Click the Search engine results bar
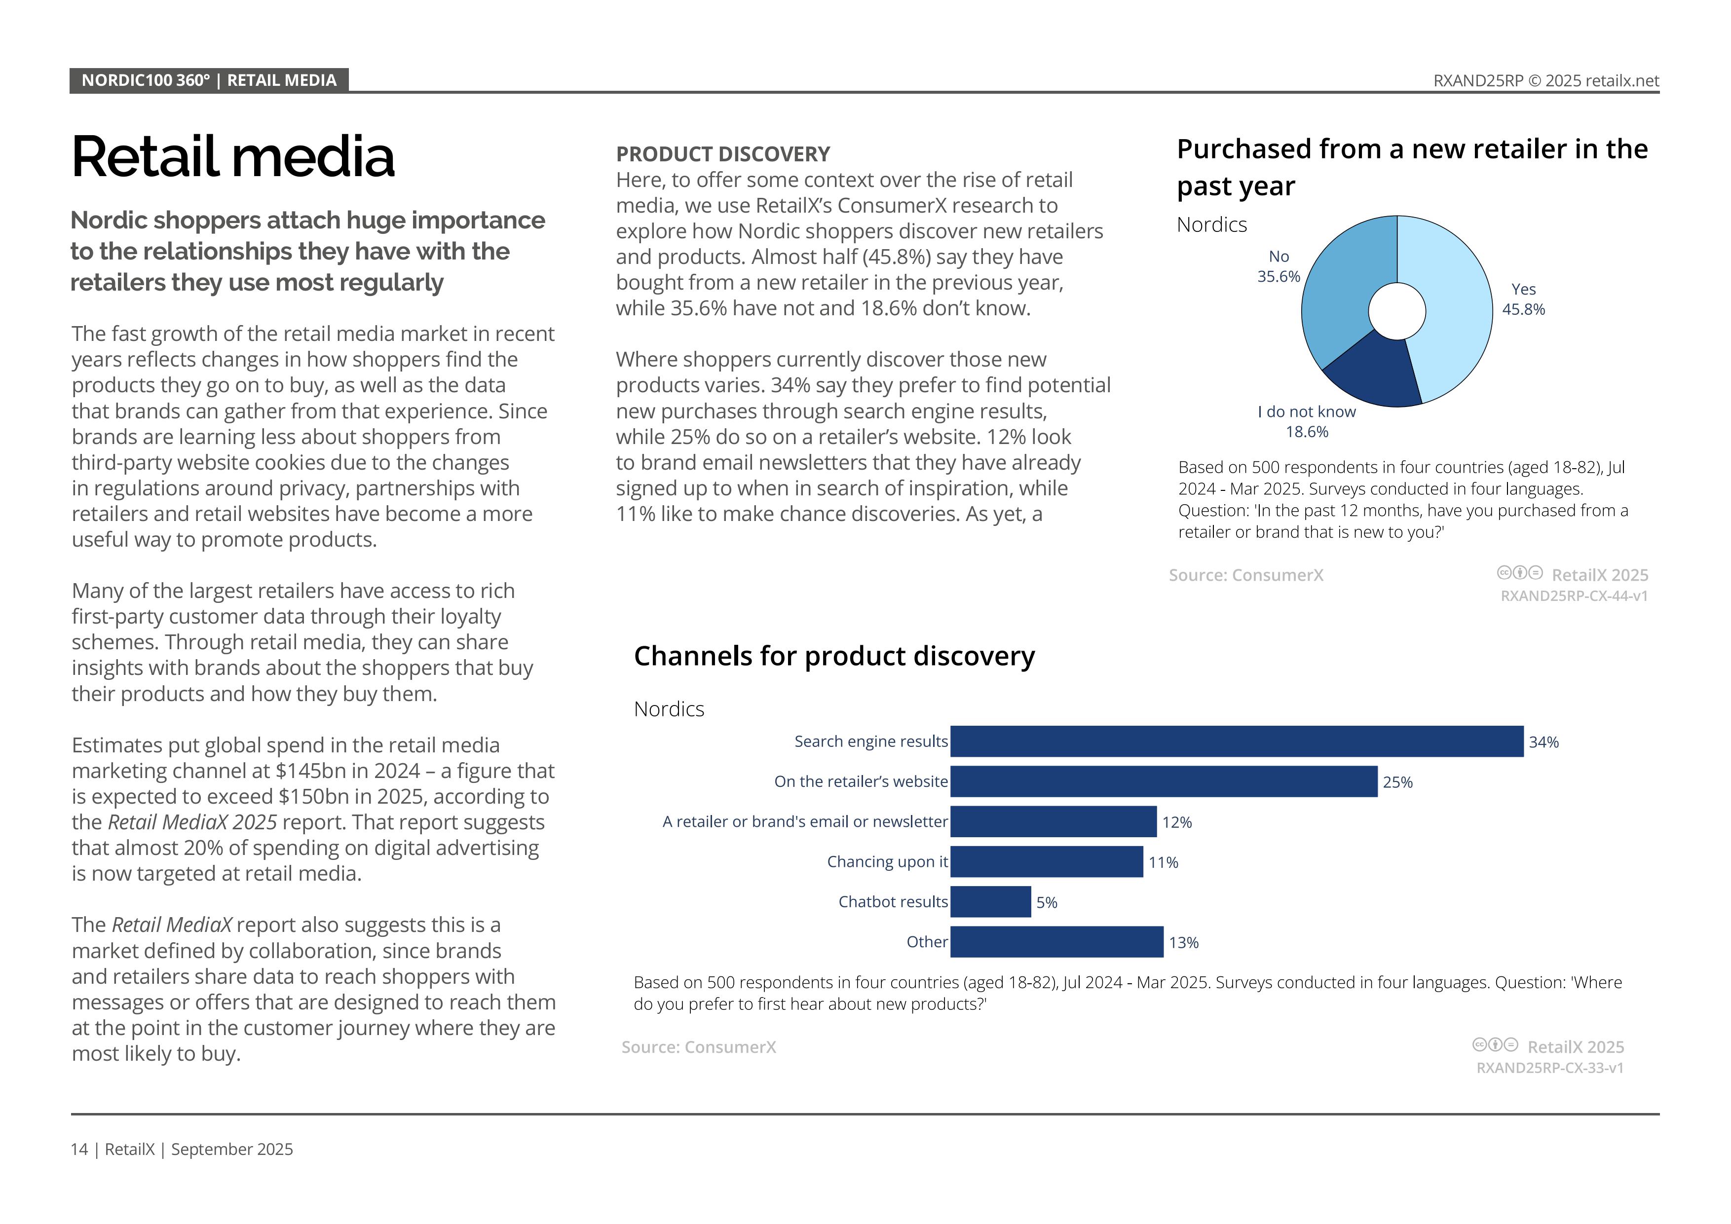1237,742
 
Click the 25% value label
1397,782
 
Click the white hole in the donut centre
1396,311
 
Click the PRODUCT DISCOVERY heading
722,154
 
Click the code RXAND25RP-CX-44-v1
1574,595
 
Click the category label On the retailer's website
860,781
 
